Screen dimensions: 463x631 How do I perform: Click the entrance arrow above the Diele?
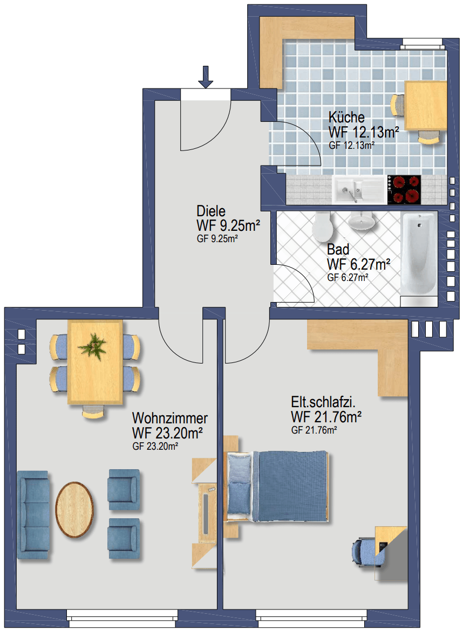(206, 77)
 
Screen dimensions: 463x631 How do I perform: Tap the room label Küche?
(346, 117)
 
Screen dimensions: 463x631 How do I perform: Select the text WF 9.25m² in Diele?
(228, 225)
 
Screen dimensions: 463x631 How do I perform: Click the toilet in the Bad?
(322, 226)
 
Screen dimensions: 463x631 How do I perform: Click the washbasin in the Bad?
(362, 221)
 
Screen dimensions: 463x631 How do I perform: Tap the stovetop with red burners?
(404, 189)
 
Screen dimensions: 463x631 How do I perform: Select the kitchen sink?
(359, 189)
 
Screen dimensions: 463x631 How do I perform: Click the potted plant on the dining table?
(93, 346)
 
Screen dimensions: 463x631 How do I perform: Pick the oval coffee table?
(74, 510)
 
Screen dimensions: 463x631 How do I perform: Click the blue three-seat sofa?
(33, 516)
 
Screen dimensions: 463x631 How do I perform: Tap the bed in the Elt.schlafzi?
(277, 486)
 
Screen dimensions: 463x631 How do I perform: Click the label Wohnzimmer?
(170, 418)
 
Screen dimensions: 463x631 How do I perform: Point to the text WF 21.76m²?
(326, 417)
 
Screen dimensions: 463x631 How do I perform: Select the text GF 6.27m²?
(348, 277)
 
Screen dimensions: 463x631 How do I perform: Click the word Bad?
(338, 250)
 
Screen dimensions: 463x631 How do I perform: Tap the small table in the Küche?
(426, 105)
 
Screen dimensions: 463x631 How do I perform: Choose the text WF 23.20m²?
(167, 433)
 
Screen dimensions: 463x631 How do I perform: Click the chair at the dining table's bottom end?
(93, 411)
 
